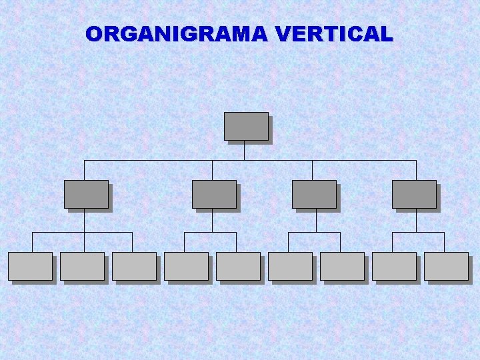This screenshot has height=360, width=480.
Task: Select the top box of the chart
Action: (x=246, y=126)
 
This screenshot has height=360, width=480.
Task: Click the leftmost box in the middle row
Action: (x=86, y=194)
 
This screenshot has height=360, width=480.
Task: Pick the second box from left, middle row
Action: (x=214, y=194)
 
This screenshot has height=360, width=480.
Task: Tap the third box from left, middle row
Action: (x=314, y=194)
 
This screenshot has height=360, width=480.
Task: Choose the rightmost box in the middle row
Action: (x=414, y=194)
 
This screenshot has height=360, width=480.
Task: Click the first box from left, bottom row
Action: (x=30, y=266)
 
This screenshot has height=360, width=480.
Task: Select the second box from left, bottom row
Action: (x=82, y=266)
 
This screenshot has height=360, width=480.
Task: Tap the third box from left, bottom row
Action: (x=134, y=266)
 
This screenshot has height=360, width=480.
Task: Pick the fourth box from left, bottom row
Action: (x=186, y=266)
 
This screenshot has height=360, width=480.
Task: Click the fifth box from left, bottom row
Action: (x=238, y=266)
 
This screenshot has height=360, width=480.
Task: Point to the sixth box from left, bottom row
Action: (x=290, y=266)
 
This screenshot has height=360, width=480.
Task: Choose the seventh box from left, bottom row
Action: (x=342, y=266)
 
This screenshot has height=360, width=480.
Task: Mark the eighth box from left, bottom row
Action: (x=394, y=266)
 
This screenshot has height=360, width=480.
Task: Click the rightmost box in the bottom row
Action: (x=446, y=266)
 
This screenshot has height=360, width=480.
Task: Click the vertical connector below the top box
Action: (x=244, y=151)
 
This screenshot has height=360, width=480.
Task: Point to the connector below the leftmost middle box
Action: (x=84, y=221)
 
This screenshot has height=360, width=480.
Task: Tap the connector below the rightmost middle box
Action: (x=416, y=221)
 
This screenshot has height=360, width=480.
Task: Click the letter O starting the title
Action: (x=94, y=34)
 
